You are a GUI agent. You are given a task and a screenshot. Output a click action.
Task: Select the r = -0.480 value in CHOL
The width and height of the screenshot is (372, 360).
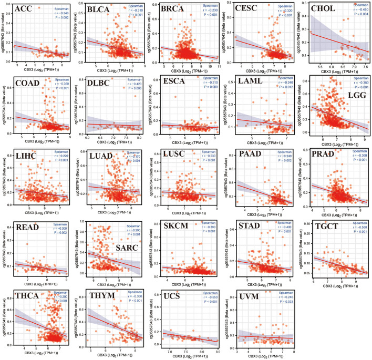click(x=358, y=11)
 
